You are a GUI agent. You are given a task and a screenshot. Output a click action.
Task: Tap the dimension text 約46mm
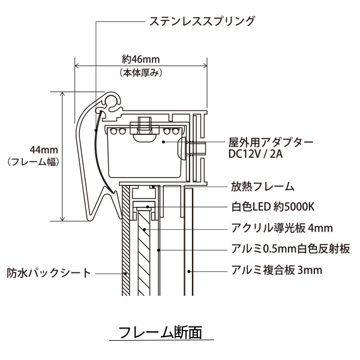[x=140, y=59]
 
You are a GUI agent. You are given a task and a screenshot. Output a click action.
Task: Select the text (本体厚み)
[x=140, y=73]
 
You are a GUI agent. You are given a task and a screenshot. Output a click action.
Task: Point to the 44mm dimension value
[x=41, y=149]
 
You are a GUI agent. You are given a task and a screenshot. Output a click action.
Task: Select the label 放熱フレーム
[x=262, y=186]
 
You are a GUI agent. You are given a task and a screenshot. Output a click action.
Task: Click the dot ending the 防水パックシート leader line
[x=125, y=273]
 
